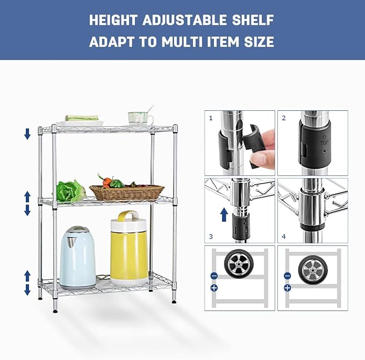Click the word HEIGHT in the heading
click(x=113, y=20)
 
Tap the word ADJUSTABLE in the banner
click(x=184, y=20)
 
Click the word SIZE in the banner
click(x=259, y=42)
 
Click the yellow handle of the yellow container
click(x=128, y=215)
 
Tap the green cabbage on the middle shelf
click(x=70, y=191)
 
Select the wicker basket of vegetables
click(x=127, y=193)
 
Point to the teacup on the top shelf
click(x=140, y=118)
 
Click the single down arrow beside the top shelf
click(x=27, y=134)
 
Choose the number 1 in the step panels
click(x=211, y=118)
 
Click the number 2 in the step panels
click(x=283, y=118)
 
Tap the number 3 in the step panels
click(x=211, y=237)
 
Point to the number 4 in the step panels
click(x=283, y=237)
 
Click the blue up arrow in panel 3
click(x=224, y=215)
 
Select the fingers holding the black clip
click(x=263, y=149)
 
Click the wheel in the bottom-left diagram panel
click(x=239, y=264)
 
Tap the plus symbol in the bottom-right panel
click(x=288, y=288)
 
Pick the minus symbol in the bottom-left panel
click(x=214, y=276)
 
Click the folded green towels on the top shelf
click(x=82, y=117)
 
